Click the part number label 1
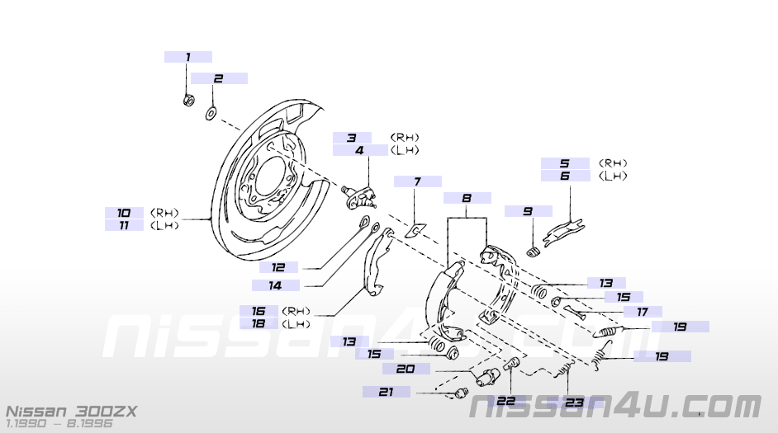187,57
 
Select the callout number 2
219,78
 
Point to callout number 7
417,181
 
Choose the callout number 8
467,199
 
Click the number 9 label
527,211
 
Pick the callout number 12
278,267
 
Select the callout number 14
273,285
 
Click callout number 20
405,369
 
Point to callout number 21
385,393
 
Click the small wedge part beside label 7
418,226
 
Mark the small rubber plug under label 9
533,250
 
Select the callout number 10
124,213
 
